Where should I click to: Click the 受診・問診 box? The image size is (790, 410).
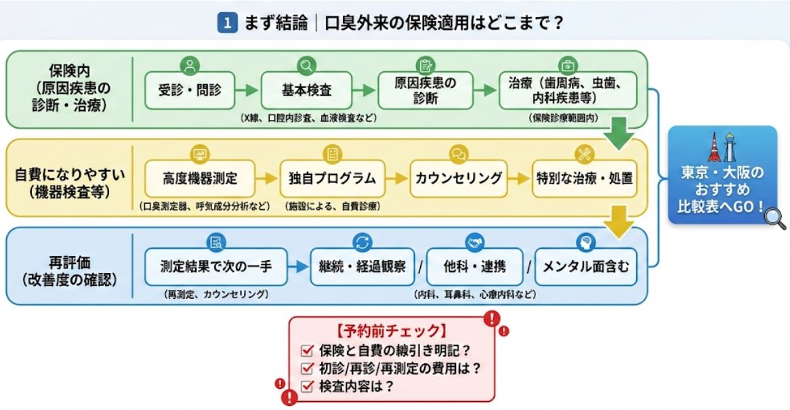[190, 89]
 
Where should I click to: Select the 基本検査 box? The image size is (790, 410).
[307, 89]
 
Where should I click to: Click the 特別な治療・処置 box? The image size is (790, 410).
[584, 179]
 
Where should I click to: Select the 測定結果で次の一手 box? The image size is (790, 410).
[215, 266]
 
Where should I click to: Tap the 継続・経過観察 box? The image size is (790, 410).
[362, 266]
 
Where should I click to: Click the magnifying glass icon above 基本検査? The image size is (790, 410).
[307, 66]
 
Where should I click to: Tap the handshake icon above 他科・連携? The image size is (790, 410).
[472, 242]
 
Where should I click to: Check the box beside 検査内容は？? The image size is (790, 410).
[307, 387]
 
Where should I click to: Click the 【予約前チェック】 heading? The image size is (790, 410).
[391, 332]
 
